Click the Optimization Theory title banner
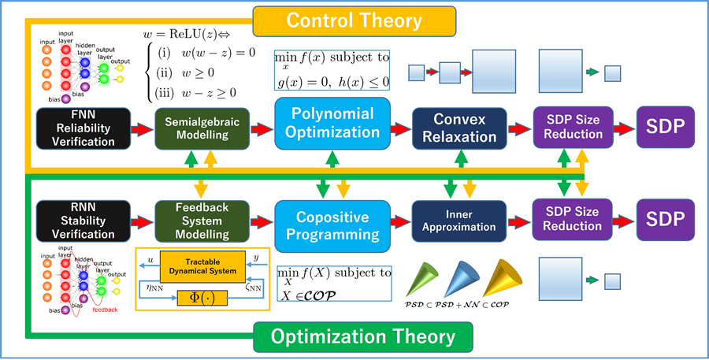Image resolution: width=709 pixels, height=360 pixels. click(362, 338)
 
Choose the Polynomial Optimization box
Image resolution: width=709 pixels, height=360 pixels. click(332, 124)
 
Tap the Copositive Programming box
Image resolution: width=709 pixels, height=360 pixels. click(332, 225)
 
